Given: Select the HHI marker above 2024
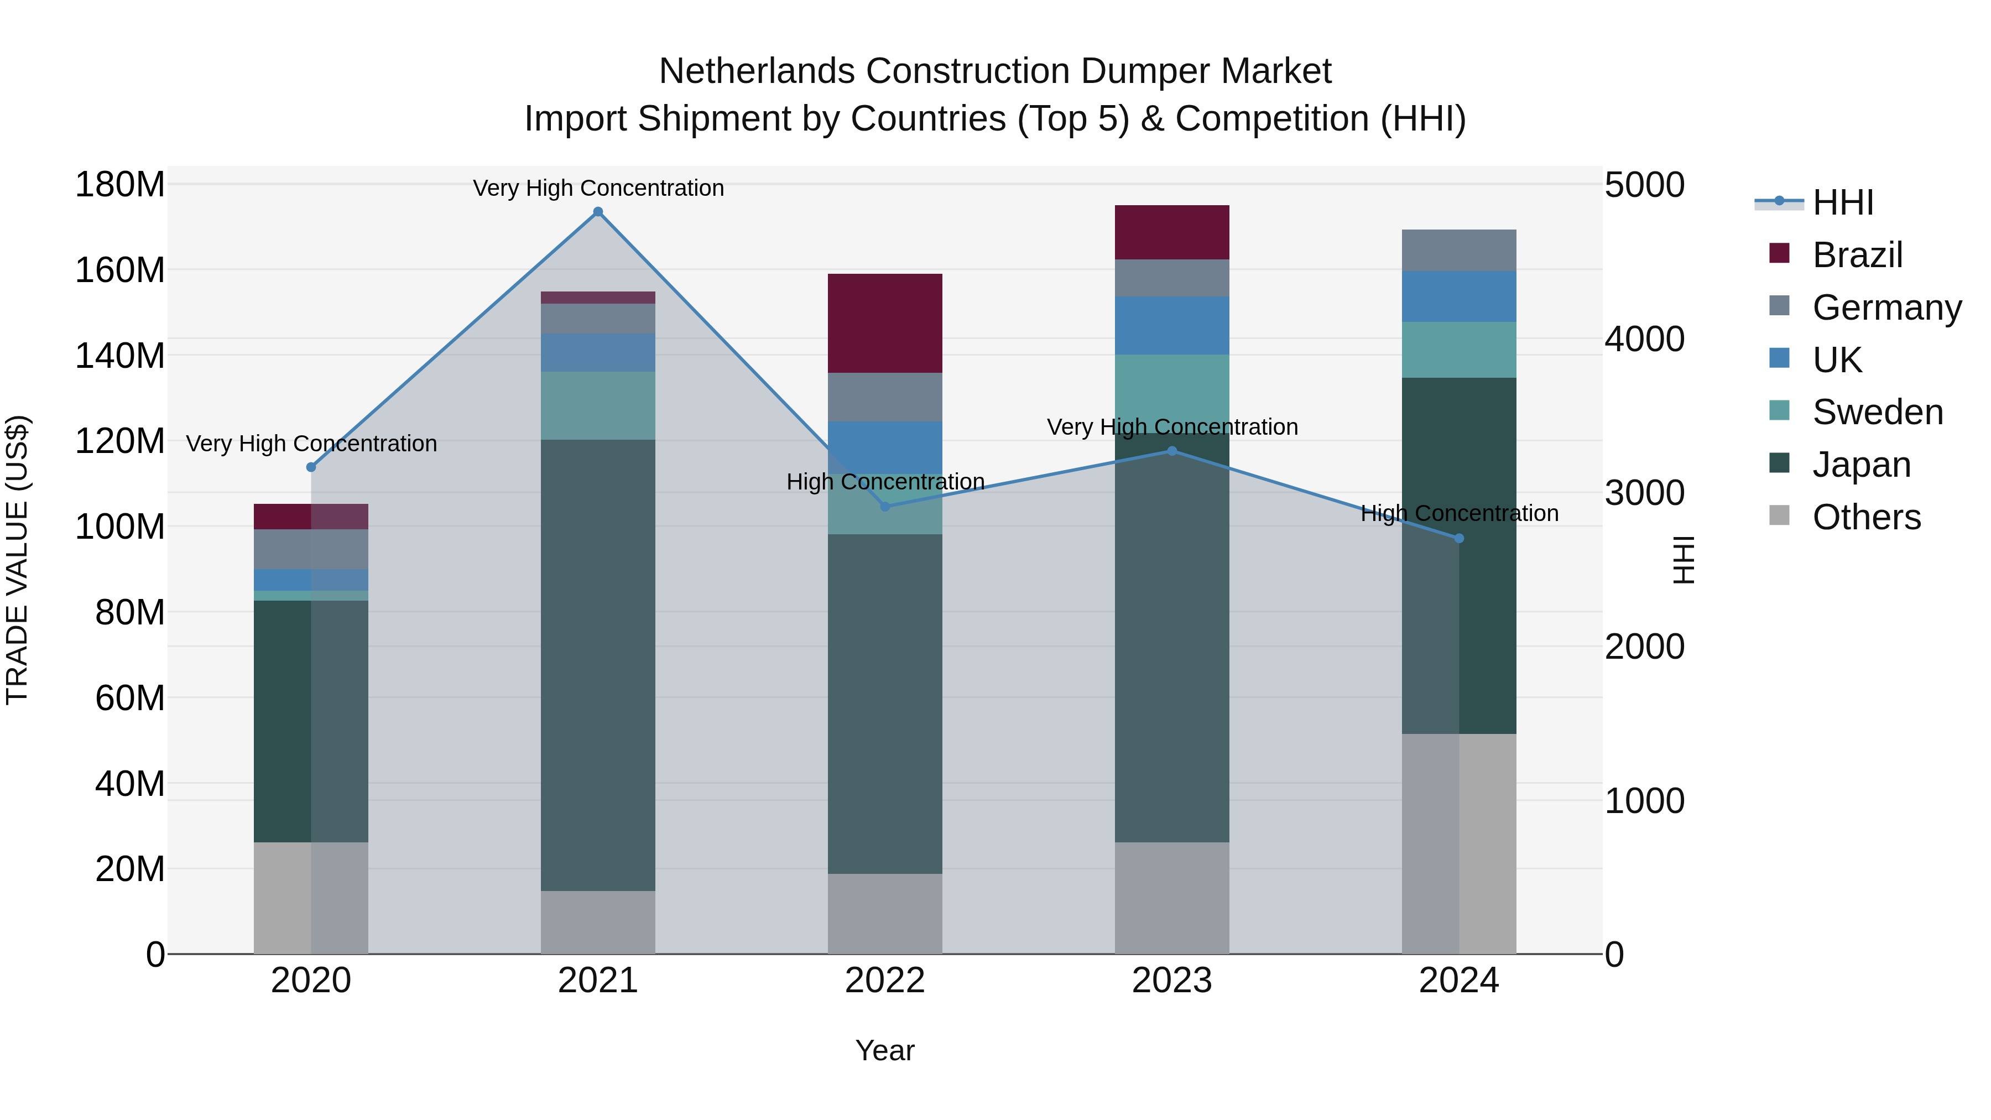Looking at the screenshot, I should point(1460,539).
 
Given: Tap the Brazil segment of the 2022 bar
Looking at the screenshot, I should point(885,323).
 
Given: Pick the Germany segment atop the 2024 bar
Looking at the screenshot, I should point(1460,251).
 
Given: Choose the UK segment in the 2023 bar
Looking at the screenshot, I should point(1172,325).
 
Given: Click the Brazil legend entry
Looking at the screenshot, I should point(1857,255).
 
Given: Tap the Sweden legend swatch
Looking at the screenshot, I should point(1779,410).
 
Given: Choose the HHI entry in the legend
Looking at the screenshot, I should point(1843,202).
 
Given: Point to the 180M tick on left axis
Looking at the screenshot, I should point(120,185).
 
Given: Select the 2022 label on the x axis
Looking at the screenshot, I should point(885,981).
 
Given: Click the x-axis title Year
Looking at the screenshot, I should point(885,1050).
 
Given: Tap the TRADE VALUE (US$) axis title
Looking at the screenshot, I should point(17,560).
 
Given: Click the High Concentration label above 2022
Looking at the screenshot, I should point(885,482).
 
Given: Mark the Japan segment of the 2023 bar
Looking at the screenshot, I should point(1172,642).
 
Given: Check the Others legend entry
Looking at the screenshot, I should point(1866,517).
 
